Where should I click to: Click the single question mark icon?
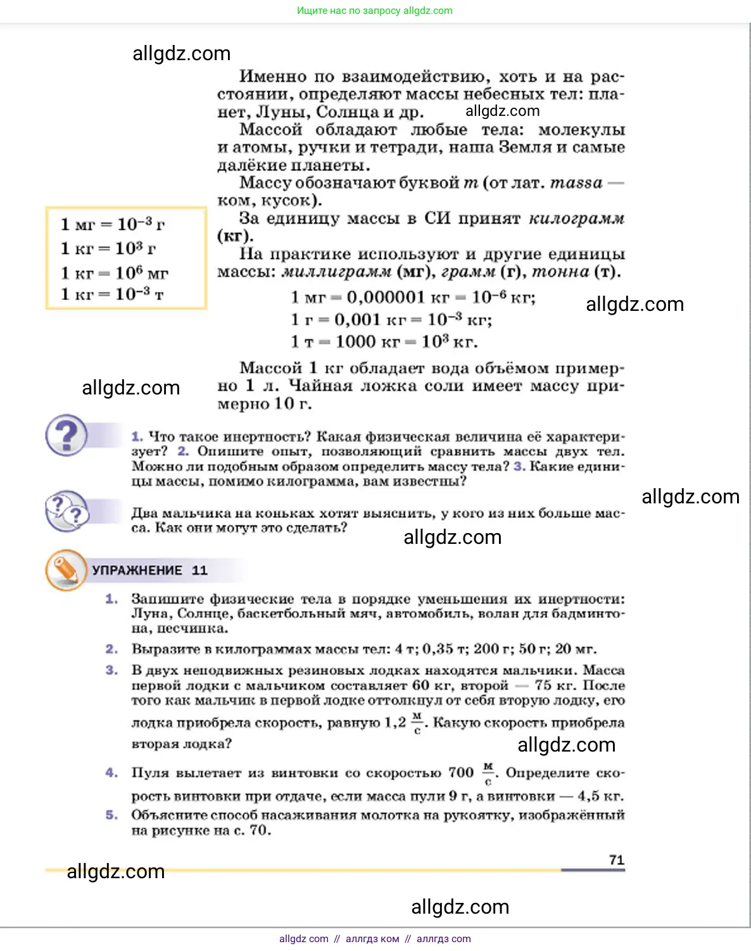pos(66,435)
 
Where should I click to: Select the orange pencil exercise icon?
pos(66,570)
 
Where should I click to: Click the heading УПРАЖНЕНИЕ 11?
pos(149,570)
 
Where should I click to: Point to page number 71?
pos(616,860)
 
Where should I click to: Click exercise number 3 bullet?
pos(112,670)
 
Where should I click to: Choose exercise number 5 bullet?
pos(112,815)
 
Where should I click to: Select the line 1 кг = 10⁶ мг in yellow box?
pos(115,273)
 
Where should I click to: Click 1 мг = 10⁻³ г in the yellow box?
pos(113,224)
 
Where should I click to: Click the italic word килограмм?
pos(576,218)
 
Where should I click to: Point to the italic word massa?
pos(576,183)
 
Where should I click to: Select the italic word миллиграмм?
pos(336,272)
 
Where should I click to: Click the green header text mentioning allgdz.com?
pos(375,11)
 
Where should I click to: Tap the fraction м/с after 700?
pos(488,773)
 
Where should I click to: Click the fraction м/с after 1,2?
pos(417,722)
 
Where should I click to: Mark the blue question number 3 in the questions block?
pos(519,467)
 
